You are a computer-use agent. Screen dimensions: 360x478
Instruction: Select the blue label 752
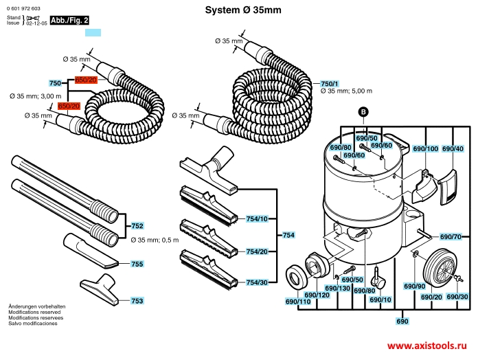(137, 225)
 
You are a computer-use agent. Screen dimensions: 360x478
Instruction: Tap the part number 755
(137, 264)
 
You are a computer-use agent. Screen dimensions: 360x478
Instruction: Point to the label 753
(137, 301)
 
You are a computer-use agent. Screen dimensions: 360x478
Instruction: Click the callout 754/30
(256, 282)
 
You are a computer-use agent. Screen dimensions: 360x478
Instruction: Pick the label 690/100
(425, 148)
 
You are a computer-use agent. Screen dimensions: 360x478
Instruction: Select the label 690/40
(453, 148)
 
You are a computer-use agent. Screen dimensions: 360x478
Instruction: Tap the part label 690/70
(450, 236)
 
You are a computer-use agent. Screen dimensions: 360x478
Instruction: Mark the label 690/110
(297, 302)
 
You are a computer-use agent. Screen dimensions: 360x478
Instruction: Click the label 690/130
(337, 288)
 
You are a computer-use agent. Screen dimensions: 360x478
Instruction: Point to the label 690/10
(380, 300)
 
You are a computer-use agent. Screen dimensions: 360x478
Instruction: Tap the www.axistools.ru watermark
(427, 347)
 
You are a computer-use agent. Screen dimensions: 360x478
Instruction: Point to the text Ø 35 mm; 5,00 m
(346, 91)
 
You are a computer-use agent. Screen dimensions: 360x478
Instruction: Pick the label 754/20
(256, 251)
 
